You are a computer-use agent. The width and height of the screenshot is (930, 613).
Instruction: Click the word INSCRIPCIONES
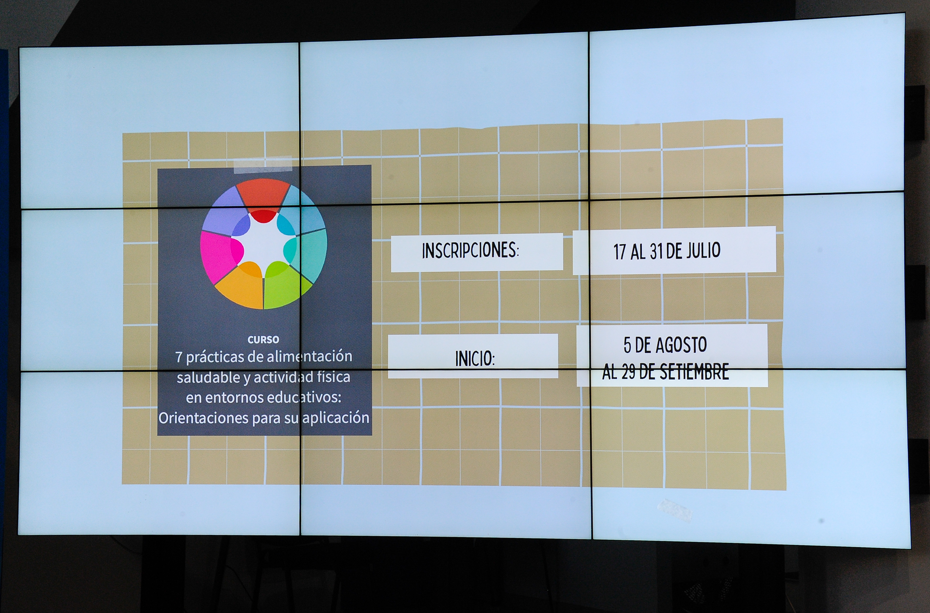pyautogui.click(x=469, y=250)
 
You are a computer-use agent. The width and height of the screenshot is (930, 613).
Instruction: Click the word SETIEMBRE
pyautogui.click(x=694, y=372)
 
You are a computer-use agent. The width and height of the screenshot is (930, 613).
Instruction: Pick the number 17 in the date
pyautogui.click(x=620, y=252)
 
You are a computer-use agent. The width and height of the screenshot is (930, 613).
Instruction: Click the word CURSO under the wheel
pyautogui.click(x=263, y=339)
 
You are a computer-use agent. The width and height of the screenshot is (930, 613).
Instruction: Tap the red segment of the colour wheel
pyautogui.click(x=263, y=196)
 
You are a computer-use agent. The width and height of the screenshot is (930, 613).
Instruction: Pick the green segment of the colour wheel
pyautogui.click(x=286, y=284)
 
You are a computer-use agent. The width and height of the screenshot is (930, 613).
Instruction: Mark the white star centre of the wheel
pyautogui.click(x=263, y=242)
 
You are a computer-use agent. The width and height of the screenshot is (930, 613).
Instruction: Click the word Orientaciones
pyautogui.click(x=204, y=418)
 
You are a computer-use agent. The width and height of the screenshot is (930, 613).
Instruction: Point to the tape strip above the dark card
pyautogui.click(x=263, y=164)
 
